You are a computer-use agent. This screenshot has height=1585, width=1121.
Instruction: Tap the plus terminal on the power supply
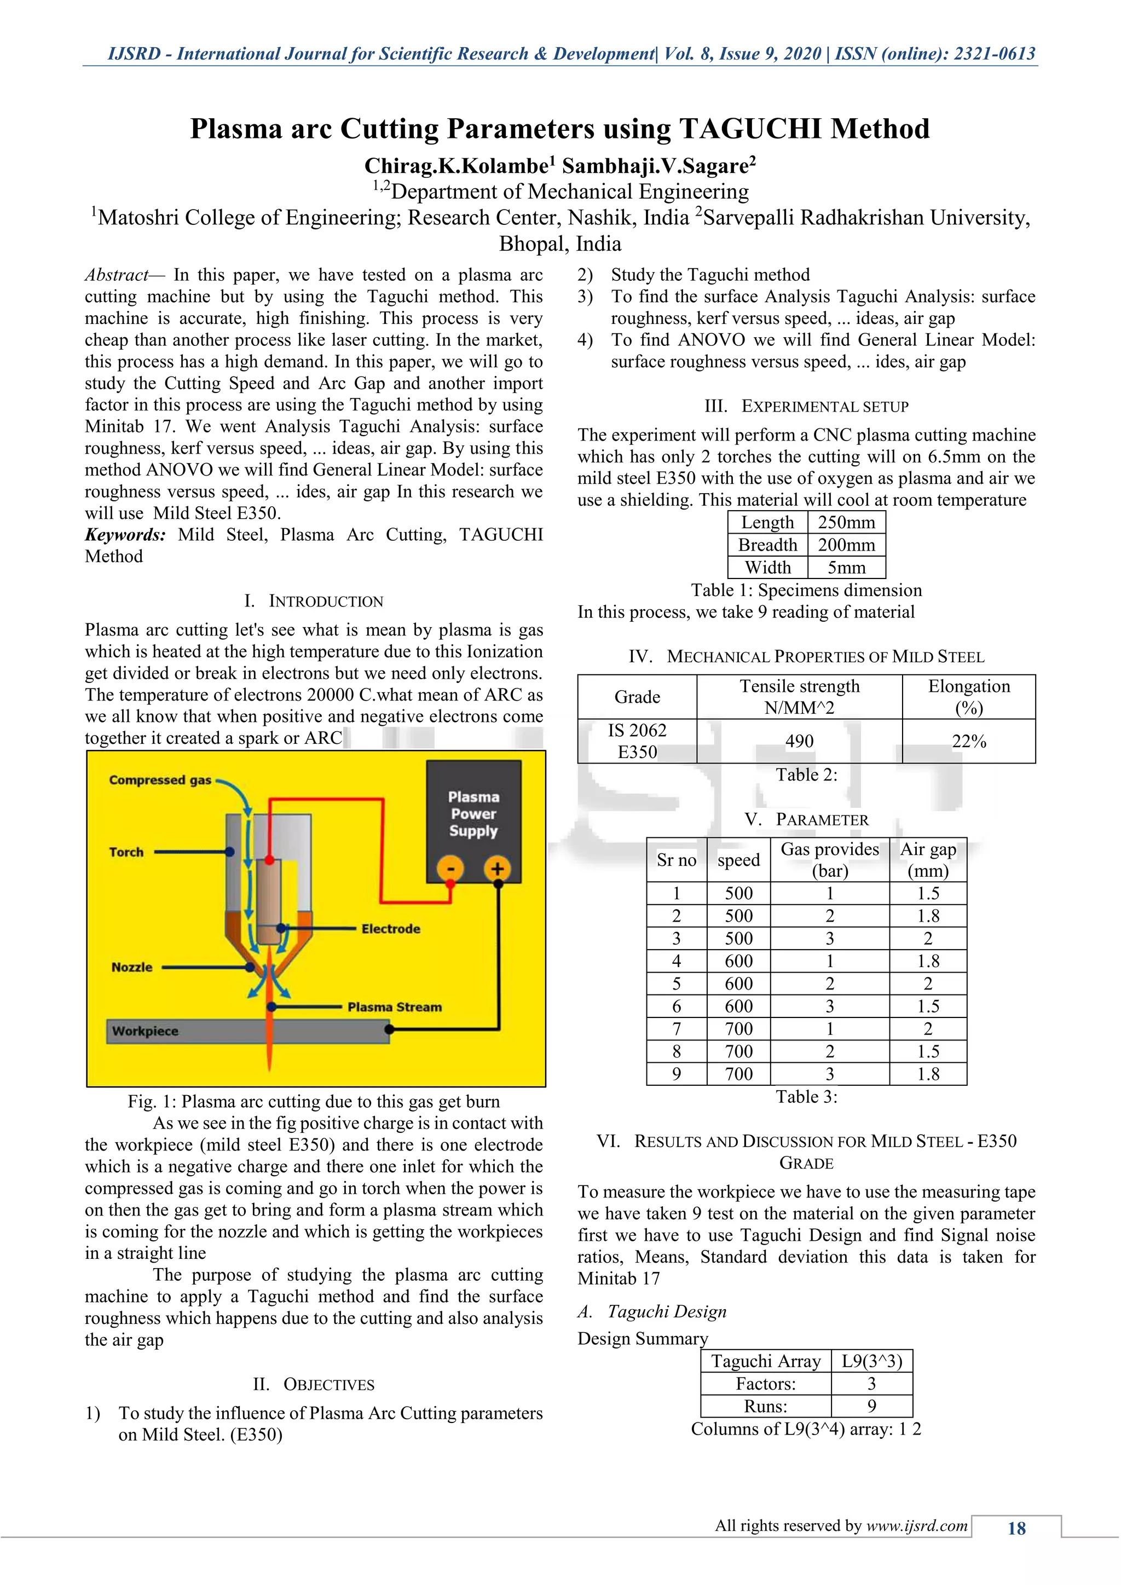[x=497, y=869]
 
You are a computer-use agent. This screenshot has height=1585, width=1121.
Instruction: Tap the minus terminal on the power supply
[x=450, y=869]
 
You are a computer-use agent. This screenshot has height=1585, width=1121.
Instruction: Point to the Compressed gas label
[x=160, y=780]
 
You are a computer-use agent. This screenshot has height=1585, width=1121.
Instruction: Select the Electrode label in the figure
[x=391, y=928]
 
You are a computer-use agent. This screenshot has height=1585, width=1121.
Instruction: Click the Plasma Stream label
[x=394, y=1006]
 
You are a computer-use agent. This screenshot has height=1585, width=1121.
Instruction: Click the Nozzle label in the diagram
[x=131, y=967]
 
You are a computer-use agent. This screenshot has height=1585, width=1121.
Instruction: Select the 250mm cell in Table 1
[x=846, y=523]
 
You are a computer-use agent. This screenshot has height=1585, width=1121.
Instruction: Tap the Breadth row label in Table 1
[x=767, y=545]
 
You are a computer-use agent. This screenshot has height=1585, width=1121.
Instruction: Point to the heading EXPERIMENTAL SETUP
[x=824, y=407]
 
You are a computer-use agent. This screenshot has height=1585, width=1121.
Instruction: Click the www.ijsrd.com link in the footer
[x=917, y=1526]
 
